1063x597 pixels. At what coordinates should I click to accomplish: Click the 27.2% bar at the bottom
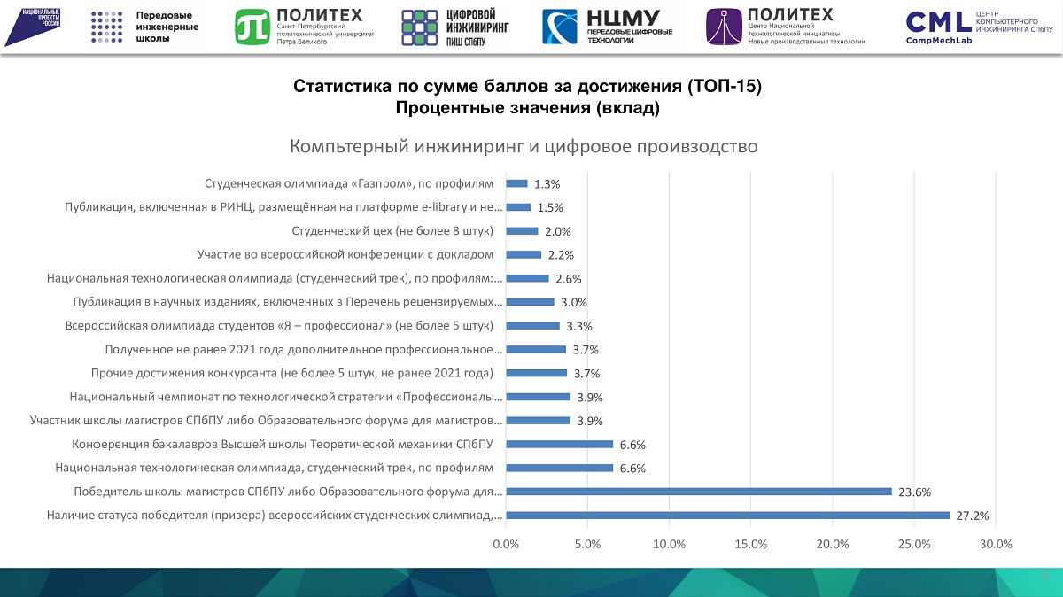[x=726, y=516]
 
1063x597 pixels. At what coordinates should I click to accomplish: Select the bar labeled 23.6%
[x=698, y=492]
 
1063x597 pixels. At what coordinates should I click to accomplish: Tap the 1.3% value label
[x=547, y=184]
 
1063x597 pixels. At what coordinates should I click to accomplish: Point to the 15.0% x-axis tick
[x=750, y=545]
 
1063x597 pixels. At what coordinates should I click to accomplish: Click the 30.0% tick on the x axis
[x=996, y=545]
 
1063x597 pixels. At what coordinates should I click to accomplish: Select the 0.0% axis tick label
[x=506, y=545]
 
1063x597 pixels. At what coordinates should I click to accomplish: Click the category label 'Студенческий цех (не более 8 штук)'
[x=392, y=231]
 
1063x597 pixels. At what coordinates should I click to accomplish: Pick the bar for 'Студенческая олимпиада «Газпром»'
[x=516, y=184]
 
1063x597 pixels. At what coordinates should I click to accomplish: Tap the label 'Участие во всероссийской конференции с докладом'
[x=345, y=255]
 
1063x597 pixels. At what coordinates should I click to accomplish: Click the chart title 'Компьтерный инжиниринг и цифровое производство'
[x=524, y=146]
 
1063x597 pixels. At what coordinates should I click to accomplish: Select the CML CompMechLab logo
[x=977, y=27]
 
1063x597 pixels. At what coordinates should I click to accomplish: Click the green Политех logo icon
[x=252, y=27]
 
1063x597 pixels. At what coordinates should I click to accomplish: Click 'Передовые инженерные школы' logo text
[x=167, y=27]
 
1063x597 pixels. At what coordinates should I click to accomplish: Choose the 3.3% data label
[x=578, y=326]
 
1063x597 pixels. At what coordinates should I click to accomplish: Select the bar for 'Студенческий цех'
[x=522, y=231]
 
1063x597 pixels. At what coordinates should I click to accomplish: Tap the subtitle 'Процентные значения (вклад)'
[x=527, y=108]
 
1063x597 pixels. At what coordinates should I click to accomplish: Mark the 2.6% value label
[x=568, y=279]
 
